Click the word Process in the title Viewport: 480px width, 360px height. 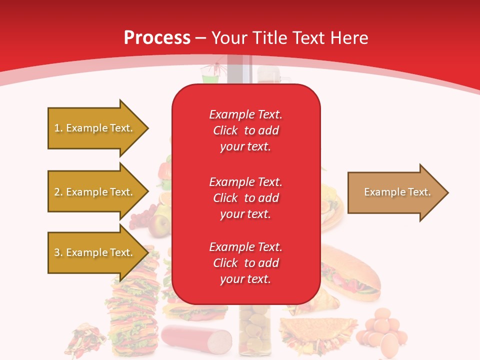[157, 37]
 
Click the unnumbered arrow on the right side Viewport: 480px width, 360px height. [395, 192]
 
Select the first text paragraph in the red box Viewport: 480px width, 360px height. [245, 130]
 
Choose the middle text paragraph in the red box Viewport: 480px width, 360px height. [245, 198]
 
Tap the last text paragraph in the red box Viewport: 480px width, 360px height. [245, 263]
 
